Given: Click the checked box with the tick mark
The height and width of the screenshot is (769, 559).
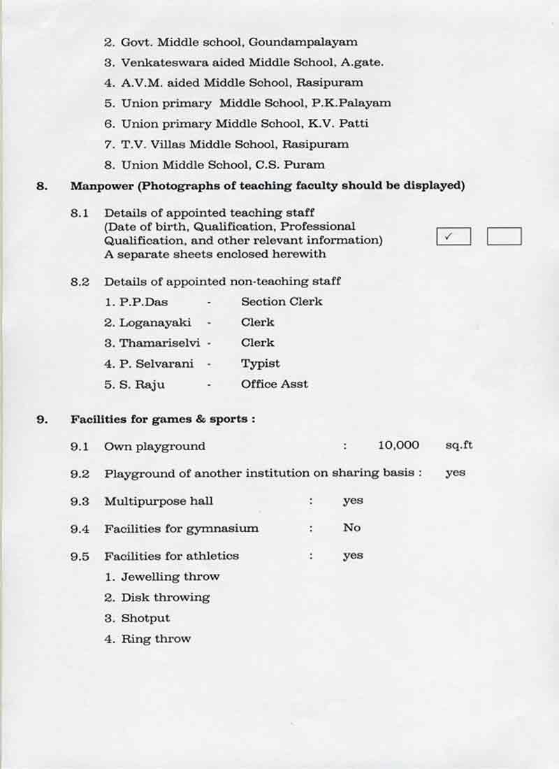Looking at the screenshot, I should pyautogui.click(x=453, y=236).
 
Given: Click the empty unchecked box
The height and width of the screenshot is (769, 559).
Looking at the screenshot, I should pyautogui.click(x=504, y=236).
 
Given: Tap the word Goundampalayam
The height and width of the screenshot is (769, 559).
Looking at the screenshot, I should pyautogui.click(x=308, y=42).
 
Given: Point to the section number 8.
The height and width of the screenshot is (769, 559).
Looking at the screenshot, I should pyautogui.click(x=42, y=186).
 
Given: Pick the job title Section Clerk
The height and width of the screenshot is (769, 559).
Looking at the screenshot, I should pyautogui.click(x=282, y=302).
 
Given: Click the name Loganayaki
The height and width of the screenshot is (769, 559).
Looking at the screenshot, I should pyautogui.click(x=155, y=322).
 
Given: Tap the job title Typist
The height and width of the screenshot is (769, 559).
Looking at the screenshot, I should pyautogui.click(x=260, y=364).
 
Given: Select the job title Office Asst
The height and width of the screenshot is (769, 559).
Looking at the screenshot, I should pyautogui.click(x=274, y=384).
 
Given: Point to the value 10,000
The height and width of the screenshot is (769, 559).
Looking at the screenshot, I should pyautogui.click(x=398, y=445).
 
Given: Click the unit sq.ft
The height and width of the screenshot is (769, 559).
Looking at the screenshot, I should pyautogui.click(x=459, y=445).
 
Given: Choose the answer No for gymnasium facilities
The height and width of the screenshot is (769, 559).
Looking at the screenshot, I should pyautogui.click(x=351, y=528).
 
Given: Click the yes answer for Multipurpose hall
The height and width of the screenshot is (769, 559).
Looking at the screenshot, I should pyautogui.click(x=353, y=501).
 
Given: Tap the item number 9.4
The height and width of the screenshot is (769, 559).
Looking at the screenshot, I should pyautogui.click(x=80, y=529).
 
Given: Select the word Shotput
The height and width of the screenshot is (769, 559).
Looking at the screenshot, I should pyautogui.click(x=145, y=618).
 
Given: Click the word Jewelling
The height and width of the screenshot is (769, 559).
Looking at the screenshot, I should pyautogui.click(x=151, y=577).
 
